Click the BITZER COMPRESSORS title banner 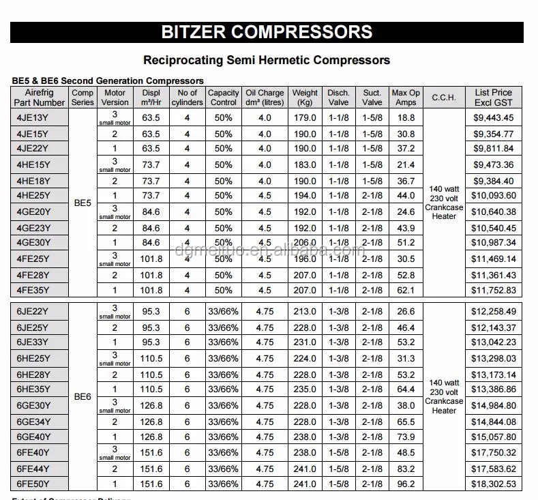coord(267,31)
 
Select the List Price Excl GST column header coord(493,98)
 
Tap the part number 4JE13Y coord(33,117)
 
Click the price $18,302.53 coord(494,484)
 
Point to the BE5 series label coord(83,203)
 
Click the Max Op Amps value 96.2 coord(406,484)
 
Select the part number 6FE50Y coord(33,484)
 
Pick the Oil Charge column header coord(265,98)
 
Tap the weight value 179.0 coord(305,117)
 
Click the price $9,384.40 coord(494,181)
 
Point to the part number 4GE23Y coord(33,228)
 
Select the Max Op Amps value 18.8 coord(406,117)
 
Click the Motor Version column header coord(115,98)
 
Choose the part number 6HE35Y coord(33,389)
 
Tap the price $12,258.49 coord(494,312)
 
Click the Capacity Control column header coord(223,98)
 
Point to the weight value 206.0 coord(305,243)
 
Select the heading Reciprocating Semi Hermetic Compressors coord(267,60)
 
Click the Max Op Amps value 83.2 coord(406,469)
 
